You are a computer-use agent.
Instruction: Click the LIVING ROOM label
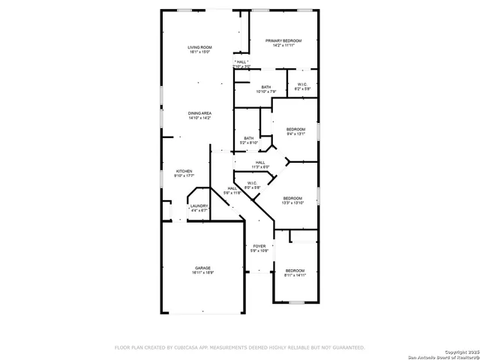[x=199, y=47]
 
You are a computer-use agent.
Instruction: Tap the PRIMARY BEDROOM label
[x=283, y=40]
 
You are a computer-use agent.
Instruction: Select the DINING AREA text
[x=199, y=113]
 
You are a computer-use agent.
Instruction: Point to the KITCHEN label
[x=184, y=171]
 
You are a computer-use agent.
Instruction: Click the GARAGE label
[x=202, y=268]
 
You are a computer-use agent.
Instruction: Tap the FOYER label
[x=259, y=246]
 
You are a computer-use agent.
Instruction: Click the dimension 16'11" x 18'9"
[x=202, y=273]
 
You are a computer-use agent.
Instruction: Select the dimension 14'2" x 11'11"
[x=283, y=46]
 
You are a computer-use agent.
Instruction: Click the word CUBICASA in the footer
[x=186, y=347]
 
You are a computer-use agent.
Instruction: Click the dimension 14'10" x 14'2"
[x=199, y=118]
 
